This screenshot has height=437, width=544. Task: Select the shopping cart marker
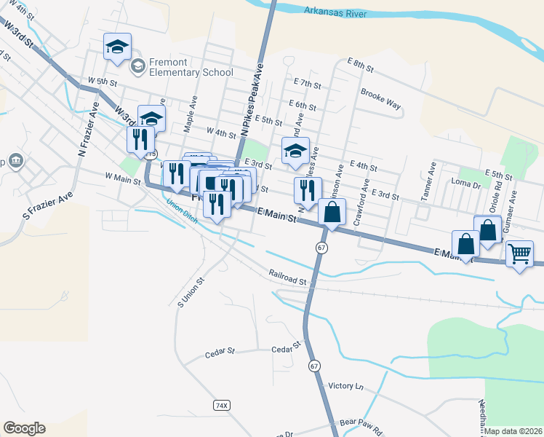[519, 254]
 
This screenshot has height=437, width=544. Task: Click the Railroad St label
[289, 279]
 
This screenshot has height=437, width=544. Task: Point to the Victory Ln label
[345, 385]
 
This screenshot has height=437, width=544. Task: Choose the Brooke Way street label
[381, 99]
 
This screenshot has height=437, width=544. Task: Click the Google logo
[24, 428]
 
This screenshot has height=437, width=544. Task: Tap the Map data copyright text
[513, 431]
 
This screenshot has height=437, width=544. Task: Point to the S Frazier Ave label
[48, 205]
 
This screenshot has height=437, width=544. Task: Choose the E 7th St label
[308, 84]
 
